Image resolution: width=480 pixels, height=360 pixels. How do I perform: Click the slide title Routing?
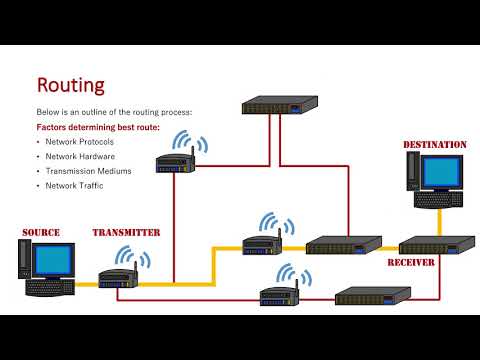pyautogui.click(x=70, y=85)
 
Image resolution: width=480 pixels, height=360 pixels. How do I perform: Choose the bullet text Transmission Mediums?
pyautogui.click(x=87, y=171)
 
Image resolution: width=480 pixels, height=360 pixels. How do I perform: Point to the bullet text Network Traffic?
pyautogui.click(x=76, y=185)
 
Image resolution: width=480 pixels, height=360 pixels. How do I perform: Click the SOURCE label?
pyautogui.click(x=41, y=233)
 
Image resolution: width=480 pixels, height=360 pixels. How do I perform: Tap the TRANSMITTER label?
pyautogui.click(x=126, y=233)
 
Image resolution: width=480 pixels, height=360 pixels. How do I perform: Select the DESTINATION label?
pyautogui.click(x=434, y=145)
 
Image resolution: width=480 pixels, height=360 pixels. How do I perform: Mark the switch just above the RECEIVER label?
pyautogui.click(x=437, y=245)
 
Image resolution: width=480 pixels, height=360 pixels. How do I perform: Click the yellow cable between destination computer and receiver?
pyautogui.click(x=439, y=222)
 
